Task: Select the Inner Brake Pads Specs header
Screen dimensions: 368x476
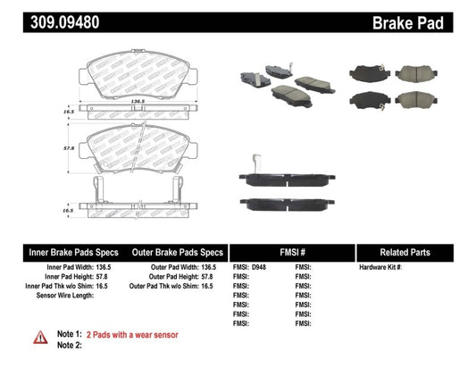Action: (x=63, y=253)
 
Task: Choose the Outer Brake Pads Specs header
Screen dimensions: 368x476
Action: (x=177, y=253)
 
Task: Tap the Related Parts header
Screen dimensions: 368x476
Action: (x=415, y=253)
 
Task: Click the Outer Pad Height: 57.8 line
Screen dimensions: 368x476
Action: (x=180, y=278)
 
